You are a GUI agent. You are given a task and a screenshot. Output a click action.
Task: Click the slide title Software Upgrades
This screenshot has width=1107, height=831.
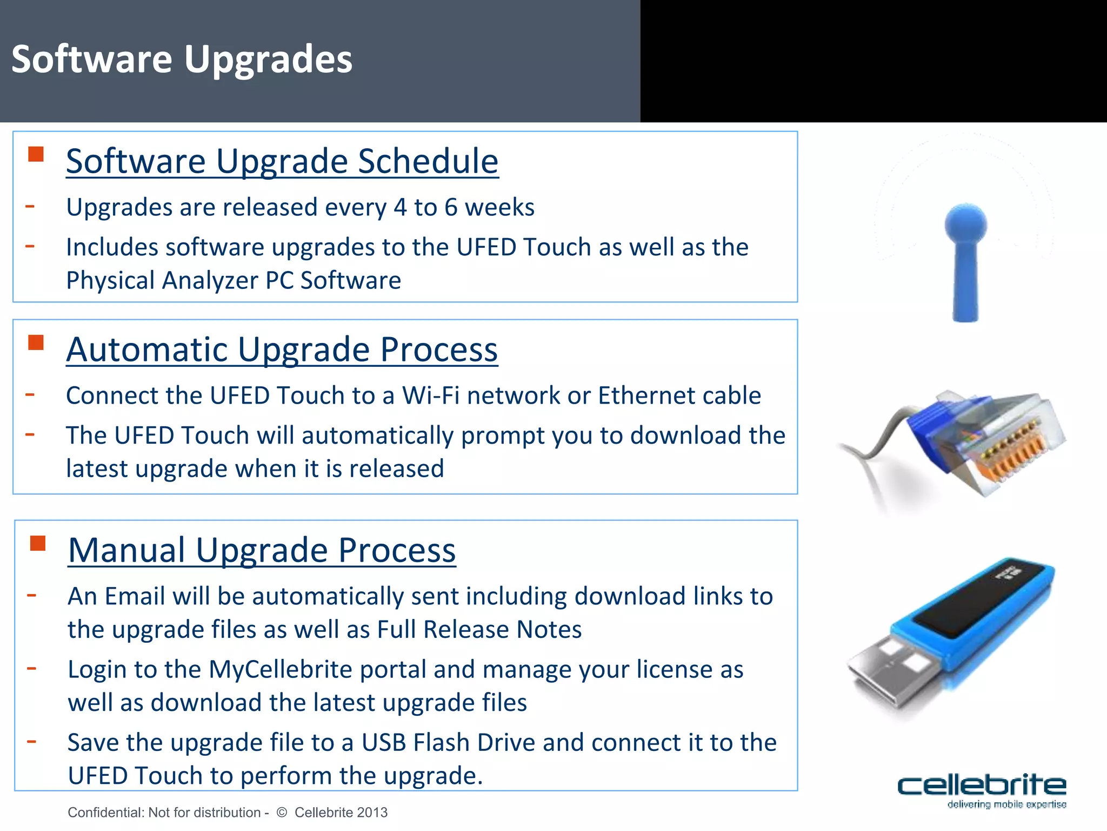coord(182,60)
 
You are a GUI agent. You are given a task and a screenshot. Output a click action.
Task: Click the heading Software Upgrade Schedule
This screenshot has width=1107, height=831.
coord(282,161)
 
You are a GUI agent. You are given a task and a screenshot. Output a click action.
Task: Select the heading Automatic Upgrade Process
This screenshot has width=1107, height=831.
coord(282,349)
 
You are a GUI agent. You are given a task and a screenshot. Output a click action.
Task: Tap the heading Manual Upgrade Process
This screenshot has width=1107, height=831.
coord(262,550)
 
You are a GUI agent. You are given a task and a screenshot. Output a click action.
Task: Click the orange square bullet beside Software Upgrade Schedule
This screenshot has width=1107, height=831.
coord(36,154)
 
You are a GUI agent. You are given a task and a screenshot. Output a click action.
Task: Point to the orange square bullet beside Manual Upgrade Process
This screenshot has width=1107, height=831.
coord(38,543)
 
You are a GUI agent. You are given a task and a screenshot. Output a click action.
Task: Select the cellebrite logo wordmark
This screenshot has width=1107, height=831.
coord(981,785)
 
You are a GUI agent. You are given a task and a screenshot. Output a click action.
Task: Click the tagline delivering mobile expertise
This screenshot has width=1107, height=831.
coord(1006,804)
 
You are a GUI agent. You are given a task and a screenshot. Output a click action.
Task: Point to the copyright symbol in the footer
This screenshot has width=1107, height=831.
coord(282,812)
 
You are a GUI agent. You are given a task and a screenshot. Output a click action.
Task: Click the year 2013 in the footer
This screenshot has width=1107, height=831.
coord(372,812)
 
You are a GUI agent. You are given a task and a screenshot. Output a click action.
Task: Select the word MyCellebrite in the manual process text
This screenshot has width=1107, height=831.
coord(281,669)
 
